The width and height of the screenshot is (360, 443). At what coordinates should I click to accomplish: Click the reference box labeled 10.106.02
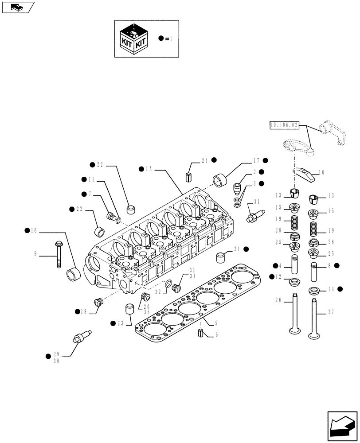(x=284, y=126)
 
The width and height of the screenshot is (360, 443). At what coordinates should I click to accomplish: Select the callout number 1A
(x=149, y=169)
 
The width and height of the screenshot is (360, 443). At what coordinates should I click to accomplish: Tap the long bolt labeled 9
(x=59, y=254)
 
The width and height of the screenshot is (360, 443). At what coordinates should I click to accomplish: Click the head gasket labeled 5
(x=195, y=306)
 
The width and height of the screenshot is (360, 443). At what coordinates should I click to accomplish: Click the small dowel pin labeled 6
(x=201, y=333)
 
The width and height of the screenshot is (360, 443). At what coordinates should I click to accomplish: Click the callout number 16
(x=34, y=230)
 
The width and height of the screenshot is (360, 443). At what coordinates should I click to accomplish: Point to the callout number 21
(x=238, y=249)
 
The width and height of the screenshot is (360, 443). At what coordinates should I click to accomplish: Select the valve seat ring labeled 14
(x=314, y=291)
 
